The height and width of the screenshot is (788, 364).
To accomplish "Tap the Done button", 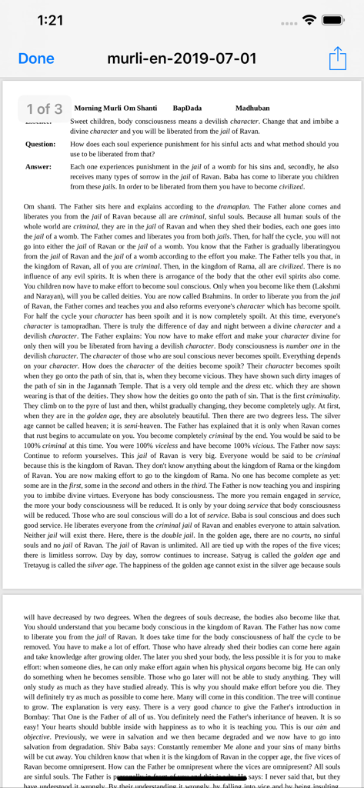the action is tap(36, 58).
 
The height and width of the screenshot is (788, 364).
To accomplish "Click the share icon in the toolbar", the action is tap(338, 58).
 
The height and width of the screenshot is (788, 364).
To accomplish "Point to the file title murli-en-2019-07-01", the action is tap(182, 58).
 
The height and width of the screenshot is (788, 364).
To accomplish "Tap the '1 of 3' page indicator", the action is tap(44, 109).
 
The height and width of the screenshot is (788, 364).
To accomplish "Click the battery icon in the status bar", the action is tap(332, 20).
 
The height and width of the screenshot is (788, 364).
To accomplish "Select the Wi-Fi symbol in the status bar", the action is tap(309, 20).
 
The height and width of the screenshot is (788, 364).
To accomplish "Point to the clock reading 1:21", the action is tap(50, 21).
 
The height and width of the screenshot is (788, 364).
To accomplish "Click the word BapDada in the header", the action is tap(187, 109).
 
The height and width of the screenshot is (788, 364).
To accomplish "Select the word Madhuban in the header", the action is tap(252, 109).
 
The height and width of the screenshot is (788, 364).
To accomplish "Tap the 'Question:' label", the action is tap(40, 144).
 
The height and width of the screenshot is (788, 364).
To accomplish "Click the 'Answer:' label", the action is tap(38, 166).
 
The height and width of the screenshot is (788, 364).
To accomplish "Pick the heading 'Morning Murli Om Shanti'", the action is tap(115, 109).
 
